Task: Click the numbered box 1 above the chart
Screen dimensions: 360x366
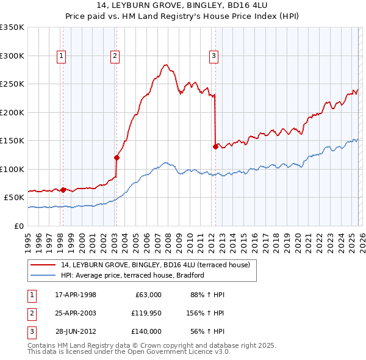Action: point(62,56)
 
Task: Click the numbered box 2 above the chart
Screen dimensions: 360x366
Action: point(115,56)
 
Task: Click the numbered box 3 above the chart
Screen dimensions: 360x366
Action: point(214,56)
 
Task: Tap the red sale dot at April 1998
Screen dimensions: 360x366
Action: point(63,190)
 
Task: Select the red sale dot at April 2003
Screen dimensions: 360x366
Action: point(117,157)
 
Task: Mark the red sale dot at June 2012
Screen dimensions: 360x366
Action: point(215,146)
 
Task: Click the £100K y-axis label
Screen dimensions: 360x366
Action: point(12,169)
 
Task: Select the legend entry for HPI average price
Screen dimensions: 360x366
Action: point(132,275)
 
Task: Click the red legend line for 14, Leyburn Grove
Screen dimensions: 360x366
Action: point(43,265)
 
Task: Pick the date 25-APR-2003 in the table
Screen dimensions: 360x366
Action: point(76,313)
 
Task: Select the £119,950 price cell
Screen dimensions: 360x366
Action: point(146,313)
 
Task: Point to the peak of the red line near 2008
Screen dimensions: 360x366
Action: point(165,63)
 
